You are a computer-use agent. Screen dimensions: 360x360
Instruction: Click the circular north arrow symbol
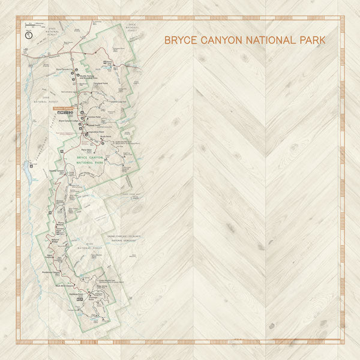pos(28,35)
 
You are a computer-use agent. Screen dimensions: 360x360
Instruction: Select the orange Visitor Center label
pos(65,109)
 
